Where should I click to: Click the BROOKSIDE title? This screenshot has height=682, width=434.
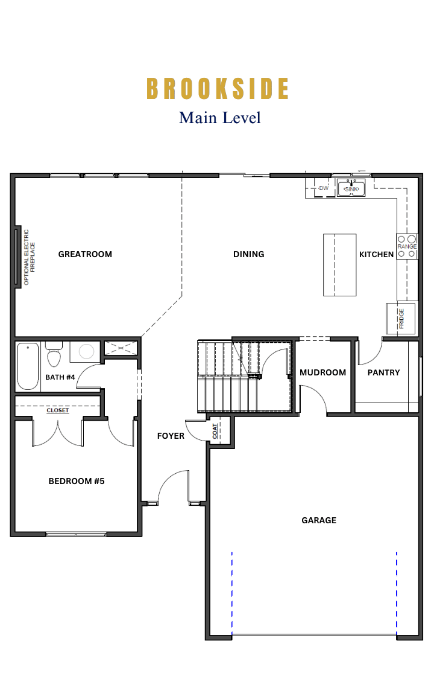[x=218, y=88]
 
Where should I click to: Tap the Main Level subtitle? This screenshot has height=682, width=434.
[x=219, y=117]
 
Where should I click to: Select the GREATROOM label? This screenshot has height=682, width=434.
[x=85, y=254]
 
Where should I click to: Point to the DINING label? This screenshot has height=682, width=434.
[x=248, y=254]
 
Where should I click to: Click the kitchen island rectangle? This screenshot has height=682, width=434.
[x=339, y=264]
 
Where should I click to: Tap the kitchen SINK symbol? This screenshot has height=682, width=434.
[x=351, y=189]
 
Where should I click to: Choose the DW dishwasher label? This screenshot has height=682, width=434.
[x=324, y=188]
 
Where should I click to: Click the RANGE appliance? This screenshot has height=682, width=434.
[x=407, y=246]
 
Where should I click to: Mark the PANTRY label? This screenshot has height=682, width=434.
[x=383, y=372]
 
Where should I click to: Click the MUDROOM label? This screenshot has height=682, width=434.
[x=322, y=372]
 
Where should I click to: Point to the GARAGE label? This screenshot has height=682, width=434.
[x=319, y=520]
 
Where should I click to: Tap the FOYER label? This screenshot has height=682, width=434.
[x=171, y=436]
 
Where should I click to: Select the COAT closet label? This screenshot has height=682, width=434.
[x=215, y=431]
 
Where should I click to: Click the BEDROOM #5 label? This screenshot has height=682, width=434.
[x=77, y=481]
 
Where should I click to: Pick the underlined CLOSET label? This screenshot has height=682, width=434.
[x=58, y=410]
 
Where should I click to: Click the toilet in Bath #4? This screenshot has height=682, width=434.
[x=54, y=355]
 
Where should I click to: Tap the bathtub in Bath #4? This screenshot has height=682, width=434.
[x=28, y=366]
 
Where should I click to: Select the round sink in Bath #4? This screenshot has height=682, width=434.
[x=87, y=352]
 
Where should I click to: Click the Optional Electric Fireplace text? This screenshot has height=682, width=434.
[x=30, y=257]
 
